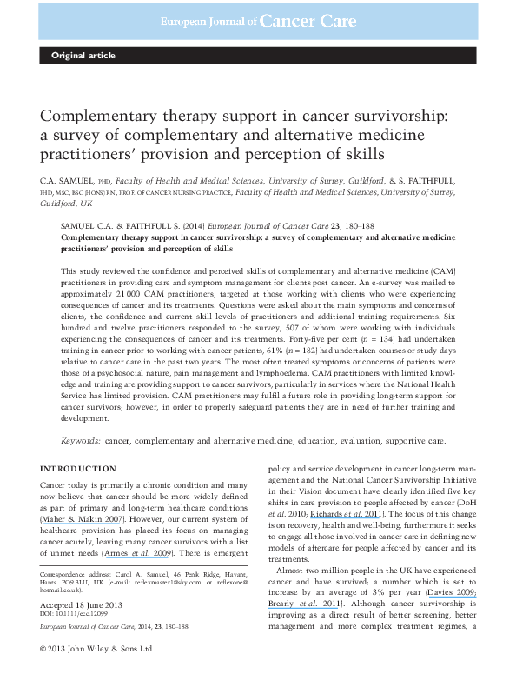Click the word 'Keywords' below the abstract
[x=85, y=440]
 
